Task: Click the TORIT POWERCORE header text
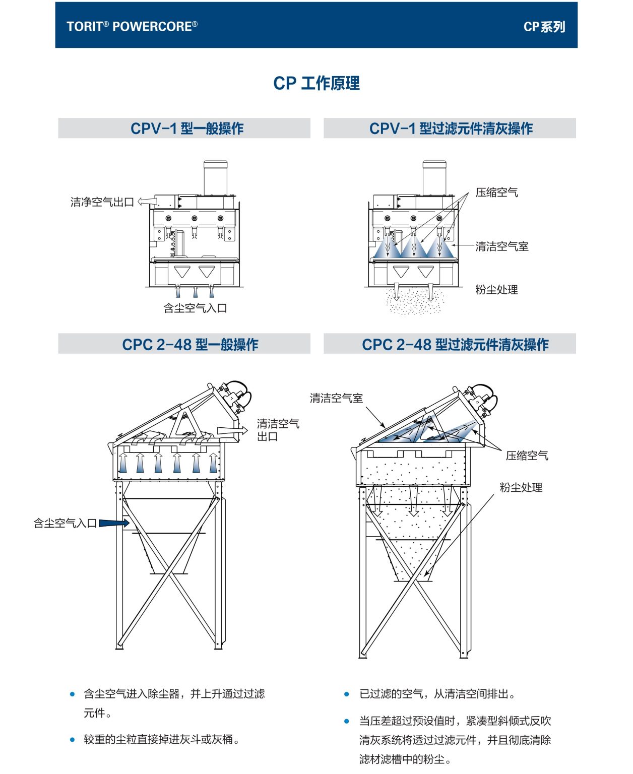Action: click(132, 26)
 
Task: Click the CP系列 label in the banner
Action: click(544, 27)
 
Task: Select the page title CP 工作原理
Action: click(316, 83)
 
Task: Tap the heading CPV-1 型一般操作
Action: click(186, 128)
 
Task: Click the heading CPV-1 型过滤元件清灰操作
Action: click(451, 128)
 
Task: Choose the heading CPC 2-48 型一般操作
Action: click(190, 345)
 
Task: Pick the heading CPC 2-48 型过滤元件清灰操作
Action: click(455, 345)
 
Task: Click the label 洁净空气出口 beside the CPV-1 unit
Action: click(102, 202)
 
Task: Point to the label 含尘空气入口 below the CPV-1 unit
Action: click(195, 308)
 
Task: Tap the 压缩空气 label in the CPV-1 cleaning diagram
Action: click(496, 192)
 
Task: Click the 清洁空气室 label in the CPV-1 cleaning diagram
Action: click(502, 246)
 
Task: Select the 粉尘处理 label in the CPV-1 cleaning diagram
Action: click(496, 290)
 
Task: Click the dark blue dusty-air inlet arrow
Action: click(114, 523)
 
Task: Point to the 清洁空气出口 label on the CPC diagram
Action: click(278, 430)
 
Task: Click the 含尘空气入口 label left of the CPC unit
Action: click(65, 523)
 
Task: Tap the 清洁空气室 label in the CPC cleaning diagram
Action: click(336, 398)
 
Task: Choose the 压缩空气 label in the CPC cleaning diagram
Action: click(527, 456)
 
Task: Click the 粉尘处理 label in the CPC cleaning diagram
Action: click(521, 487)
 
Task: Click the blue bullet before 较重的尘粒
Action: click(73, 740)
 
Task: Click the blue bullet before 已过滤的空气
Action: click(347, 694)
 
